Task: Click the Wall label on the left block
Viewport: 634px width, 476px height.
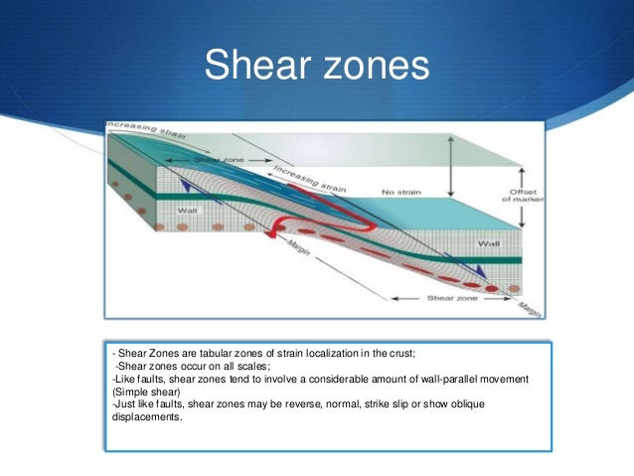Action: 188,211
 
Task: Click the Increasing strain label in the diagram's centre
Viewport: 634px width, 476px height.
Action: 309,179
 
